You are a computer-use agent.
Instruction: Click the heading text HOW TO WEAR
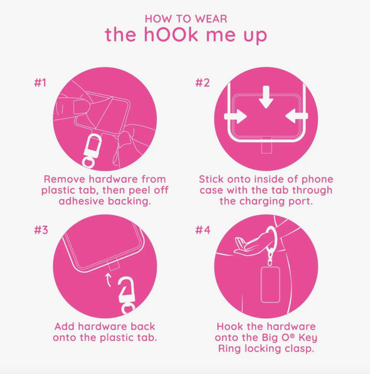point(186,19)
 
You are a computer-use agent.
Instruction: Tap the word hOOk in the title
point(171,34)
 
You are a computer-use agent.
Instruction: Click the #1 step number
point(40,83)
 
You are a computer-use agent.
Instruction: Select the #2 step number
point(203,83)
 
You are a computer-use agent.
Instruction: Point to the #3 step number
point(41,230)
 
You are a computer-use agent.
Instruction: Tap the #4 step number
point(203,230)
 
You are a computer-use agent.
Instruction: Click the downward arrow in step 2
point(266,97)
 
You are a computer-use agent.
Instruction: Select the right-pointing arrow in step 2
point(235,116)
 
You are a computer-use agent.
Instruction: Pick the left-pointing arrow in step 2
point(297,116)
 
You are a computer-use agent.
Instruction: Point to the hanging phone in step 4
point(270,285)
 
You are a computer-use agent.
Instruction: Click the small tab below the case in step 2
point(267,148)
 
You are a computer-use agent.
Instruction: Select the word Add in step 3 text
point(65,326)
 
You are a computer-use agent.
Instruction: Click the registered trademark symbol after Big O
point(292,335)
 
